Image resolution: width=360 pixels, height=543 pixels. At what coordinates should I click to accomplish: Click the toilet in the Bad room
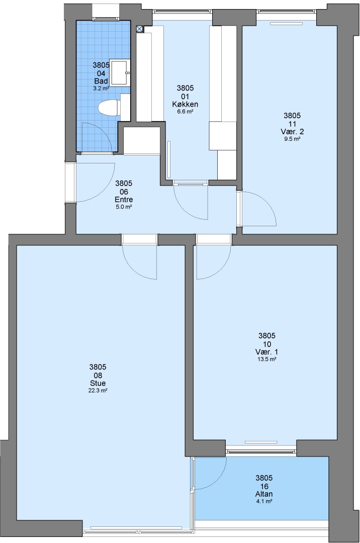click(109, 108)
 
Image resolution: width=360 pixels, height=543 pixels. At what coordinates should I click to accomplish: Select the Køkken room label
click(185, 104)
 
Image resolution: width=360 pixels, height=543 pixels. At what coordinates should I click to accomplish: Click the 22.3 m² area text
click(98, 390)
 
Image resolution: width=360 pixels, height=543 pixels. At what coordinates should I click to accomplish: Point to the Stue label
click(98, 383)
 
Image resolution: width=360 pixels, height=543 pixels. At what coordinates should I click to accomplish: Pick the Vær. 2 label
click(292, 132)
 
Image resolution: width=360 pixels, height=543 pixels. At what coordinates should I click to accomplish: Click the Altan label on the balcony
click(264, 494)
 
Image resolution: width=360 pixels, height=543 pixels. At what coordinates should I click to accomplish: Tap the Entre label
click(124, 200)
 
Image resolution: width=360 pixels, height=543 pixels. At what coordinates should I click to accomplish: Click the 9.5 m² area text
click(292, 139)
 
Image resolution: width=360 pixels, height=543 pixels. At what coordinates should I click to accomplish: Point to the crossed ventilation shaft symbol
click(139, 29)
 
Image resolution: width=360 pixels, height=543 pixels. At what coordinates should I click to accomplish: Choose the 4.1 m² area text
click(264, 501)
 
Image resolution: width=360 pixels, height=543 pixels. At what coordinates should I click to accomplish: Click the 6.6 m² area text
click(185, 112)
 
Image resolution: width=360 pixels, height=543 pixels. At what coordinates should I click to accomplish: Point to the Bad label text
click(101, 81)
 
